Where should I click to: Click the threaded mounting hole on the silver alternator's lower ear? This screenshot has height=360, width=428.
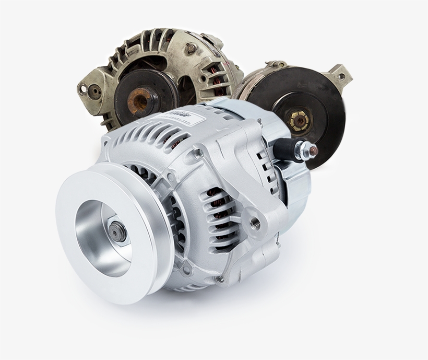(x=255, y=223)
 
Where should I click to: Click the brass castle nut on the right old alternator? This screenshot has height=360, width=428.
(x=300, y=121)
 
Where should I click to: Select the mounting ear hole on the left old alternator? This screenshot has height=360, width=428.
(x=83, y=88)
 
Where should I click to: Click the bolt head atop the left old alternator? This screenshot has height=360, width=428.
(x=191, y=48)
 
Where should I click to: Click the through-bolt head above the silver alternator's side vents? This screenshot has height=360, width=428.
(x=198, y=153)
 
